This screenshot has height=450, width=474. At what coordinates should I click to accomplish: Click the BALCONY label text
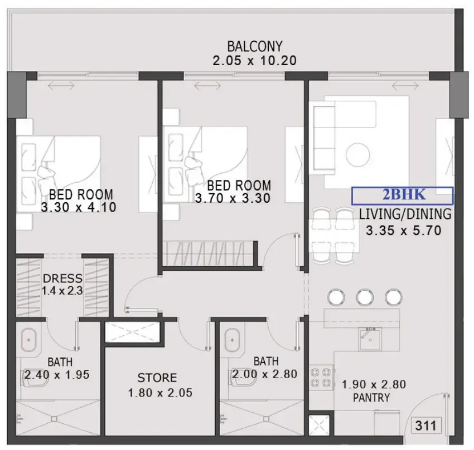(x=254, y=46)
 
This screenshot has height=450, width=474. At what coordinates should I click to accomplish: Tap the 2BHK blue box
(x=403, y=195)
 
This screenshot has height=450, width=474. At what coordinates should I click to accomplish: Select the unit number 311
(x=426, y=425)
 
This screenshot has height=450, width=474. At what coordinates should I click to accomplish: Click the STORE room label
(x=157, y=378)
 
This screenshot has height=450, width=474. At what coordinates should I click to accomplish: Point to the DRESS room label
(x=62, y=278)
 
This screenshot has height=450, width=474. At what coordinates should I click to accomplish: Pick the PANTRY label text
(x=371, y=398)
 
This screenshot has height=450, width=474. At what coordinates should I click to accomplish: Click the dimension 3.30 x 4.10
(x=79, y=207)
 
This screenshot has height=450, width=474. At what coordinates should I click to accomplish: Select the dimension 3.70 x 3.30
(x=233, y=198)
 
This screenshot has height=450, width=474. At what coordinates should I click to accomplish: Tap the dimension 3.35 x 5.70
(x=404, y=231)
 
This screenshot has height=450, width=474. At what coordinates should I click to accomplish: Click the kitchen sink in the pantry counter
(x=370, y=339)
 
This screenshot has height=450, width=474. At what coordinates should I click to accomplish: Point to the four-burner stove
(x=321, y=377)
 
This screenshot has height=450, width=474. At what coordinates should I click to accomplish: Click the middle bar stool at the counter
(x=365, y=297)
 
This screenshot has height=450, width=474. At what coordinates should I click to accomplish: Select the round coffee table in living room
(x=357, y=154)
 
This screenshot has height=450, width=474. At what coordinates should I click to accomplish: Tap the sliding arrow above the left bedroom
(x=61, y=86)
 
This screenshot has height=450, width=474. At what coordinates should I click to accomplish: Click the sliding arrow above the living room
(x=405, y=86)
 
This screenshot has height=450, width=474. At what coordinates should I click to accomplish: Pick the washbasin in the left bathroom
(x=28, y=340)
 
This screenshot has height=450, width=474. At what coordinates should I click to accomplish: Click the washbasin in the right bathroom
(x=232, y=340)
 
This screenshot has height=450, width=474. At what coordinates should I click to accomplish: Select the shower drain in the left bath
(x=54, y=419)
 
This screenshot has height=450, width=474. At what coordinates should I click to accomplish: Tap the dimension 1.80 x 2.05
(x=160, y=393)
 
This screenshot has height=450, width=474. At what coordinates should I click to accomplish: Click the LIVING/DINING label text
(x=405, y=214)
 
